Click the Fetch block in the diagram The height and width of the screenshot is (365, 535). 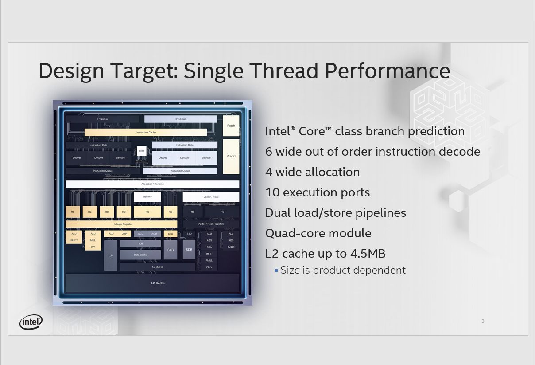(231, 126)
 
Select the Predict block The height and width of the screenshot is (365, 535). (231, 156)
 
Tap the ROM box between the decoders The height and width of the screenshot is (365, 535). (141, 151)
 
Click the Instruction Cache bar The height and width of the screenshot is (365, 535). (146, 132)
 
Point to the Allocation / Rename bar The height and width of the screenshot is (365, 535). (152, 184)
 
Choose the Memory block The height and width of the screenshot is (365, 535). (147, 197)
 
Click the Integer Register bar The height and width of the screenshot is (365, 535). (121, 224)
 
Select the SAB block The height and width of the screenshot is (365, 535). (171, 250)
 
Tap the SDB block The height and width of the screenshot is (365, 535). (189, 250)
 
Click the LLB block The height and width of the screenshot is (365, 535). (111, 255)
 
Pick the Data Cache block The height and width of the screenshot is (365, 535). (140, 255)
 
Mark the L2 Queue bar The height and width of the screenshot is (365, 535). (157, 267)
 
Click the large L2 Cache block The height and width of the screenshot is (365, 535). (152, 283)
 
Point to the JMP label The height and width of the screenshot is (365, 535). (124, 234)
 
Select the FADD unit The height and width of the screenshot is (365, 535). (231, 247)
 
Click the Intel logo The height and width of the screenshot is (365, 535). (31, 322)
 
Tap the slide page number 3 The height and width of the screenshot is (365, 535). (483, 321)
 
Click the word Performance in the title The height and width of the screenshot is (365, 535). (387, 71)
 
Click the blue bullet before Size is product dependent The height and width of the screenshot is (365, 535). (276, 270)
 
